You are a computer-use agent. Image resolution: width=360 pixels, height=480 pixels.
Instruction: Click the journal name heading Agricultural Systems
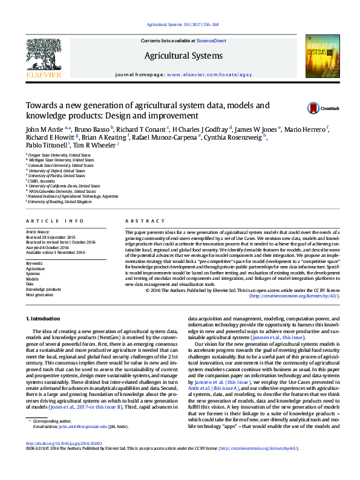(183, 56)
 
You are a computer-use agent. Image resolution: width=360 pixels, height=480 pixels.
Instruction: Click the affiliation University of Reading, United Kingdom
(59, 201)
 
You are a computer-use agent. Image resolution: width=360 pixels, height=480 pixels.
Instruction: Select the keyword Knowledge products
(44, 289)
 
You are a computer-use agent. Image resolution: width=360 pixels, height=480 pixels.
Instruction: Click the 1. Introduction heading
(44, 318)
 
